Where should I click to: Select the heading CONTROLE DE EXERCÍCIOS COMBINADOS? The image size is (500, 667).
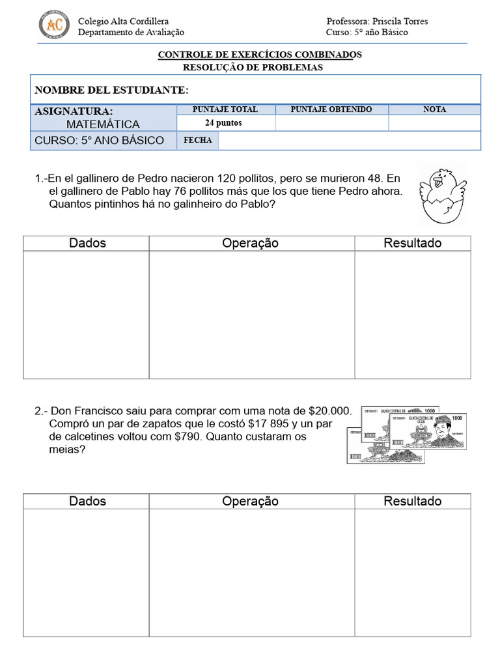[260, 55]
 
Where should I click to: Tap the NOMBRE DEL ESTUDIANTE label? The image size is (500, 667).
[111, 90]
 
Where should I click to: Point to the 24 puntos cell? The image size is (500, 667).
[223, 123]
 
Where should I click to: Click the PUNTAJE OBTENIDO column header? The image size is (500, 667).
[331, 109]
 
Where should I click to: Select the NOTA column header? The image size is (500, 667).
[434, 109]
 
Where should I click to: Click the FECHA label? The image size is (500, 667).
[198, 141]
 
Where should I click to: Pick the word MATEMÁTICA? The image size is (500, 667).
[103, 124]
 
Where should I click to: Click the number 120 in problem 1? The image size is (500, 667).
[248, 178]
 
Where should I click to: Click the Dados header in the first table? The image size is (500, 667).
[87, 243]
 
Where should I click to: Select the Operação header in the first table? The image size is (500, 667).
[250, 243]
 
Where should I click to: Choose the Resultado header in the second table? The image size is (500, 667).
[412, 501]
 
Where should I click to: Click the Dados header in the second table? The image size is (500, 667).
[87, 501]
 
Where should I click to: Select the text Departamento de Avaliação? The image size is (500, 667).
[131, 33]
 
